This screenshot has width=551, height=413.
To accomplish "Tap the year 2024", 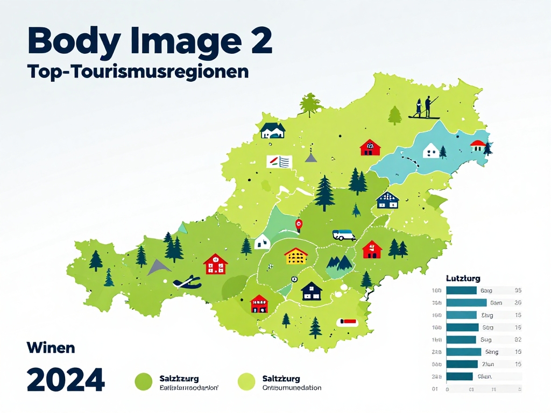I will [x=66, y=380].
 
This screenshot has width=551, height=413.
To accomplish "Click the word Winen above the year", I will [x=51, y=348].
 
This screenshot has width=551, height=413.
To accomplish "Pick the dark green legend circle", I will [x=144, y=382].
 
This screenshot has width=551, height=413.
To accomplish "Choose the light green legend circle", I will [x=246, y=382].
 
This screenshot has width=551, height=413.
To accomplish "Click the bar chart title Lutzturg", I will [x=463, y=279].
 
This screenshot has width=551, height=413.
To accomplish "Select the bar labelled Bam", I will [x=467, y=302].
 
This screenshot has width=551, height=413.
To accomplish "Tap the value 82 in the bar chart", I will [x=518, y=339].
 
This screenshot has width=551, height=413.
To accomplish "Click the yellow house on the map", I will [x=295, y=256].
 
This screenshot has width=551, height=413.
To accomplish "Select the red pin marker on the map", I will [x=299, y=224].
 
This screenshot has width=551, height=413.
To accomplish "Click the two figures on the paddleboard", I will [x=424, y=108].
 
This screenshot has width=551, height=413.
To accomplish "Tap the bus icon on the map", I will [x=344, y=234].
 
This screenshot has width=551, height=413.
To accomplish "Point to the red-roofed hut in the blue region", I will [x=477, y=145].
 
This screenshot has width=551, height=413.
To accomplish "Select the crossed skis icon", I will [x=187, y=281].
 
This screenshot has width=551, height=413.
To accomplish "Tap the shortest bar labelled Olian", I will [x=460, y=376].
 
